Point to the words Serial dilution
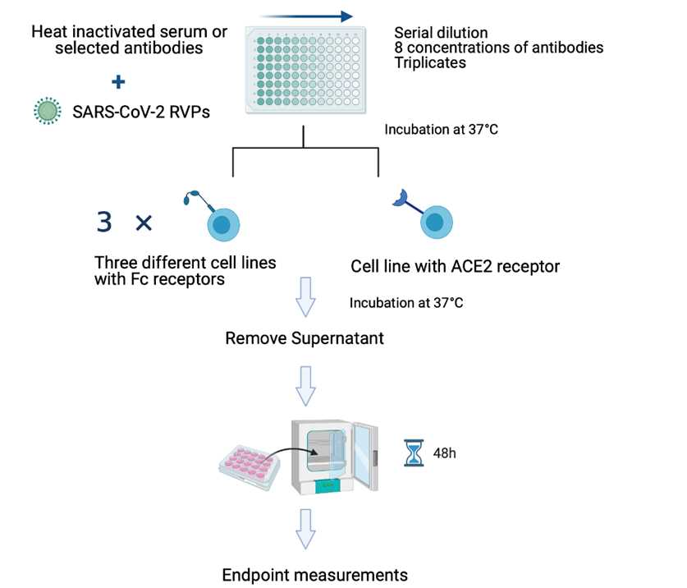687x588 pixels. click(441, 33)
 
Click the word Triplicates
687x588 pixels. click(431, 62)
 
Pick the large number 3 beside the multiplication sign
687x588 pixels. click(104, 222)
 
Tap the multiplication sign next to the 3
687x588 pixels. click(144, 222)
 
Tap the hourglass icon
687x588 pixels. click(414, 452)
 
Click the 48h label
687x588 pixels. click(444, 452)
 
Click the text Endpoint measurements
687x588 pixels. click(315, 574)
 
